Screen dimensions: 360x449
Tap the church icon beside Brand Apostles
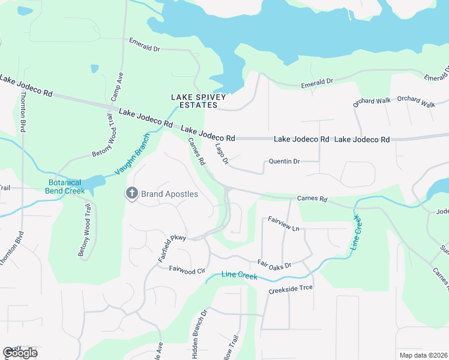[131, 193]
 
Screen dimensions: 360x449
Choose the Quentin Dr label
[284, 161]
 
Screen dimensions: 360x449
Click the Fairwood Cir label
[187, 269]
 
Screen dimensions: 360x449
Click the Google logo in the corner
[19, 352]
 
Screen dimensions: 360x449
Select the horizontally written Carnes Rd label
[312, 199]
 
